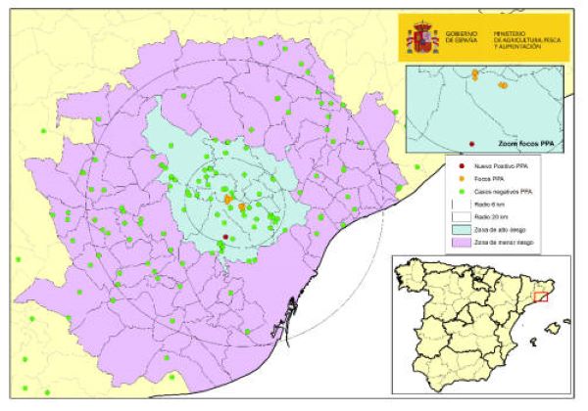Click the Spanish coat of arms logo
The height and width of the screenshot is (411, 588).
pyautogui.click(x=423, y=37)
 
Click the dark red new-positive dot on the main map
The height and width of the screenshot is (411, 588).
pyautogui.click(x=224, y=237)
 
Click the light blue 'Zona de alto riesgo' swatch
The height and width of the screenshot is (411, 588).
pyautogui.click(x=458, y=230)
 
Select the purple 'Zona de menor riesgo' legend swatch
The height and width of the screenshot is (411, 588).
pyautogui.click(x=458, y=243)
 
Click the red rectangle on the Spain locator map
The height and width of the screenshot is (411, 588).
pyautogui.click(x=547, y=295)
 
